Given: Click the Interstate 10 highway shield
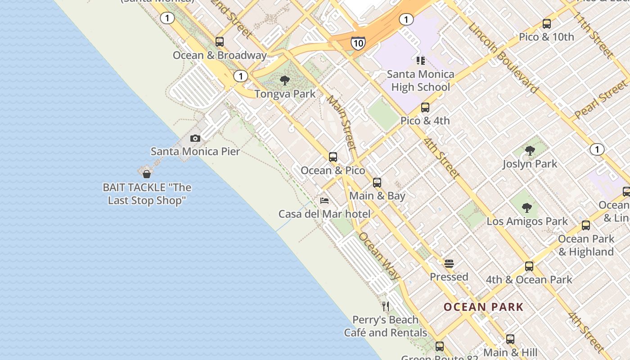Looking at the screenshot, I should (358, 43).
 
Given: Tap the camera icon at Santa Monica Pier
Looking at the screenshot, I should (195, 138).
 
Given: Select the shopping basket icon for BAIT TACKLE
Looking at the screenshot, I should (146, 174).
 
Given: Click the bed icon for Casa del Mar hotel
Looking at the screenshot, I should (324, 200).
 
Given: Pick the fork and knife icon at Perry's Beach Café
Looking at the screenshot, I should (386, 306).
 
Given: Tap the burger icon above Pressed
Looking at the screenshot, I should (449, 263).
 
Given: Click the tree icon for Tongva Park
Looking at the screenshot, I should (284, 81).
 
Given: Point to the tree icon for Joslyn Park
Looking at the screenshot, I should (530, 151).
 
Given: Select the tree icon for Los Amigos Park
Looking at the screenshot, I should (527, 208).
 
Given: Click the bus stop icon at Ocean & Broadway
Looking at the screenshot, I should (220, 42).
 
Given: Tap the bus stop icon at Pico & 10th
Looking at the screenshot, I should (547, 24).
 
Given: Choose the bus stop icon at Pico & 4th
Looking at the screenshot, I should (425, 108).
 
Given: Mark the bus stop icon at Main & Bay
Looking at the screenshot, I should (377, 183).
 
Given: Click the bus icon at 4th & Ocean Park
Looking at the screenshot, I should (529, 266).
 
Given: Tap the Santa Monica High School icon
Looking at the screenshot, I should (420, 60).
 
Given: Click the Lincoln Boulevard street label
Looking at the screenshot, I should (503, 57).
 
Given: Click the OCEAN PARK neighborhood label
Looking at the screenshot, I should (484, 307).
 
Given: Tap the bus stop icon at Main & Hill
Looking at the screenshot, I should (510, 339).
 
